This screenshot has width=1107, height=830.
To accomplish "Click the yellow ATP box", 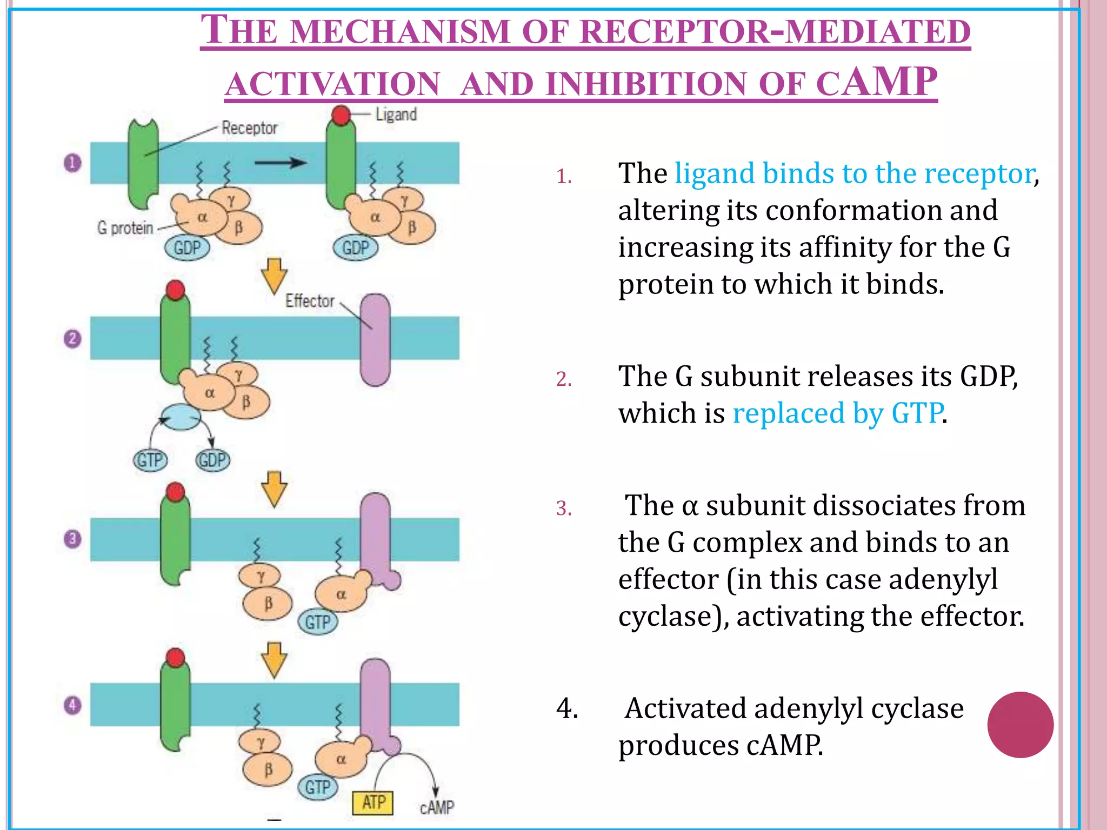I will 372,802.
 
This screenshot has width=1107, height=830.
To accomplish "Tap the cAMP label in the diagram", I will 437,807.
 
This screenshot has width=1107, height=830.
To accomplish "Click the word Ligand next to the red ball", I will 396,115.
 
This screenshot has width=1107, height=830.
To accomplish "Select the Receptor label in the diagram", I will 249,128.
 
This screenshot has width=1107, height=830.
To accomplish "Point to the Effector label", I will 310,300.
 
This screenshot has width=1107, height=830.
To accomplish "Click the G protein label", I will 125,228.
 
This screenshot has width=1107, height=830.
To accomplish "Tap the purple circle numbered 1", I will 72,163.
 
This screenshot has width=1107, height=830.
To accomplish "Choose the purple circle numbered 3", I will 72,539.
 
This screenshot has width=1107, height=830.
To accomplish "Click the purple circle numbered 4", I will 72,705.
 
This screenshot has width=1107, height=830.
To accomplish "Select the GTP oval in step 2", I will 150,460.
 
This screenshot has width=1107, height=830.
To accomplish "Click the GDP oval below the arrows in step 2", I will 212,460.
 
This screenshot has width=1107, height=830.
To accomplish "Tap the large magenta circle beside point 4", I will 1020,725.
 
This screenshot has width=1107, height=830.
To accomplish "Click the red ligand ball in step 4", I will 175,658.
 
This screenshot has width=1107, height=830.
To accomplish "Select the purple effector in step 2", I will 375,340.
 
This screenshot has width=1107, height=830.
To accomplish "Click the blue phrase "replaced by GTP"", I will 837,413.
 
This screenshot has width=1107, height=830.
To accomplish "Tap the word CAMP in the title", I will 876,82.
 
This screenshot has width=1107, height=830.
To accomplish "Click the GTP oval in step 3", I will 317,622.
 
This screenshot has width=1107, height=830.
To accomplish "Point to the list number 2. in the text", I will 564,379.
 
